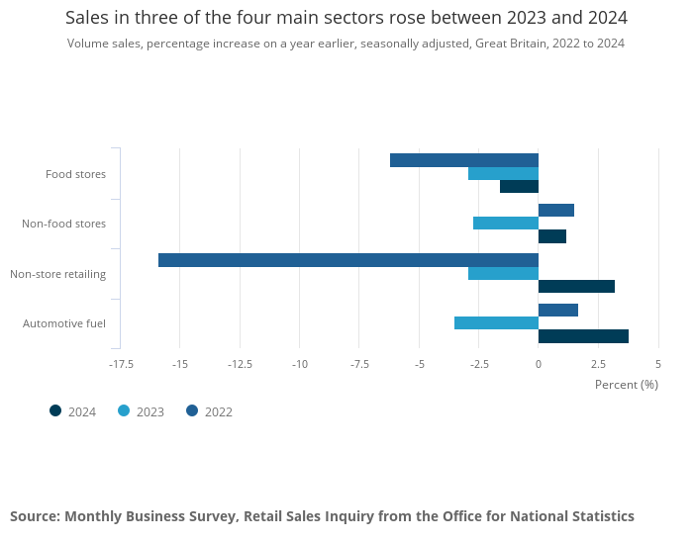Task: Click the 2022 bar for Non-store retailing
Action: tap(348, 260)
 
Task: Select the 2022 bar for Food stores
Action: tap(464, 160)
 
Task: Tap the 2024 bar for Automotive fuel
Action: tap(583, 336)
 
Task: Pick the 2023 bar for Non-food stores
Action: tap(506, 223)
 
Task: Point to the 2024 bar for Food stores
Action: tap(519, 186)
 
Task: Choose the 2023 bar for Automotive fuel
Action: tap(496, 322)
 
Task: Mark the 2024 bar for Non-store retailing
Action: tap(576, 286)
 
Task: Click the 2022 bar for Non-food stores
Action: tap(556, 210)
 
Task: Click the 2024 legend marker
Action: tap(55, 411)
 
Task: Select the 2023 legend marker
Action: tap(124, 411)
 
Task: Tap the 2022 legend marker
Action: tap(192, 411)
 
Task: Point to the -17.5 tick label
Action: tap(121, 364)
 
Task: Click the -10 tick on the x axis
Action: tap(300, 364)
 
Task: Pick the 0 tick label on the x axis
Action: tap(539, 364)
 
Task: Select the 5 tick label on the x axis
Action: tap(658, 364)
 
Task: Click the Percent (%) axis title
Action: tap(626, 385)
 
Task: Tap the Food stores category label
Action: tap(75, 174)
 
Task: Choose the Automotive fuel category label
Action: tap(64, 323)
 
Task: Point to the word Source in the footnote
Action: tap(35, 516)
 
